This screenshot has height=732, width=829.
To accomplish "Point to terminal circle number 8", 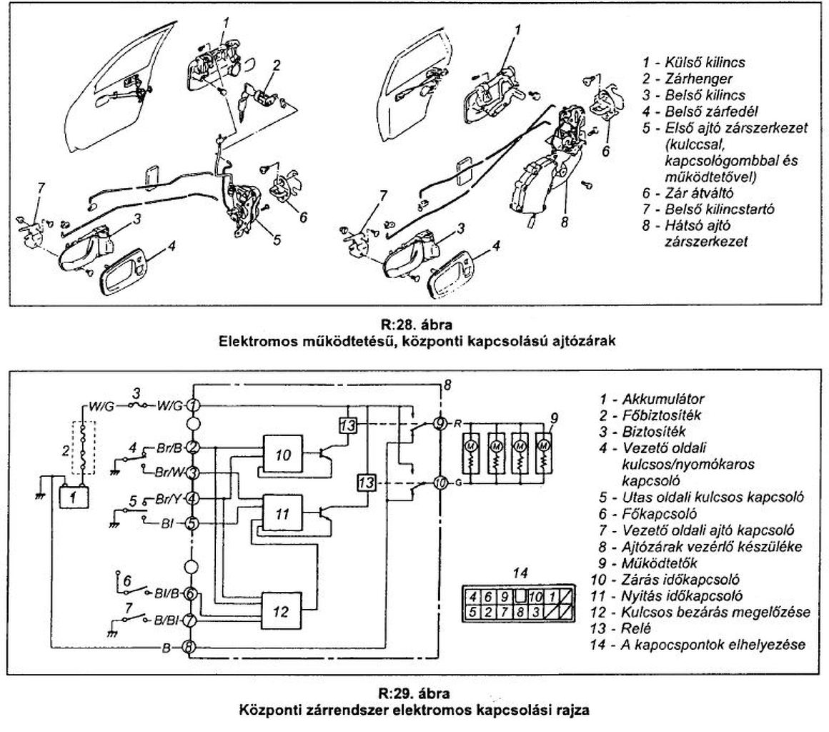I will [x=191, y=648].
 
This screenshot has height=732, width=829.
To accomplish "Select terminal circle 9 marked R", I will [x=441, y=423].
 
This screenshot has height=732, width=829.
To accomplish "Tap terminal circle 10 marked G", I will [x=441, y=484].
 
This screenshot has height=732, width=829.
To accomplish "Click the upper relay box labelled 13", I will [x=347, y=424].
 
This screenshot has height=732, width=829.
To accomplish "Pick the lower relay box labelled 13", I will [x=367, y=483].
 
